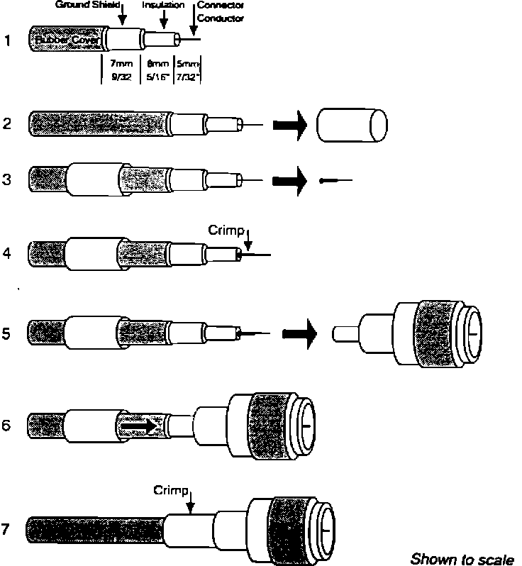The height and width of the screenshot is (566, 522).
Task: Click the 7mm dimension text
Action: (122, 65)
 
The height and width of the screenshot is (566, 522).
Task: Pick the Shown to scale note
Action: (462, 557)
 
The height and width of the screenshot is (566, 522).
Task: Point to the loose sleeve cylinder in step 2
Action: (352, 126)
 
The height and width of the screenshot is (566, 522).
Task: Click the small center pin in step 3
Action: (333, 181)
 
